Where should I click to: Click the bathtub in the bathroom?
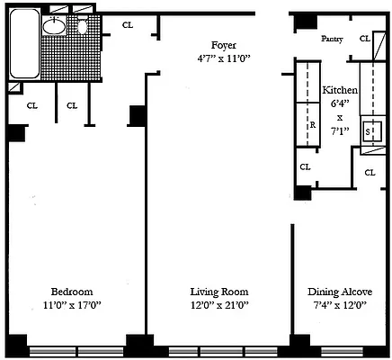(24, 43)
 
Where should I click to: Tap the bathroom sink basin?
(54, 26)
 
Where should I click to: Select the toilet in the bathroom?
(83, 26)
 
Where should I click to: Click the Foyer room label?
(224, 45)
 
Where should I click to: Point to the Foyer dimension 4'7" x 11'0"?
(224, 58)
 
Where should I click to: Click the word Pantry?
(332, 39)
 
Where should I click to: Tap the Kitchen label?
(340, 90)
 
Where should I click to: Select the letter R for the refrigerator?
(313, 125)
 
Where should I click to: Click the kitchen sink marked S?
(372, 131)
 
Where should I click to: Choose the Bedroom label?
(72, 292)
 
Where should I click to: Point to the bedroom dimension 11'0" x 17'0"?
(72, 305)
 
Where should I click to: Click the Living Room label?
(219, 292)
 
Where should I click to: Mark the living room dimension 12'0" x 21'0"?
(219, 305)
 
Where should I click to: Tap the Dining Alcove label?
(340, 292)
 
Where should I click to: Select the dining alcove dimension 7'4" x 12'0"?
(340, 305)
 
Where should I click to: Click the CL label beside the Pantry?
(365, 39)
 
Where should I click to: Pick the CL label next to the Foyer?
(128, 25)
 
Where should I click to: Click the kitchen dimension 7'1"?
(340, 130)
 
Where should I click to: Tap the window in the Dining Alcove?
(342, 350)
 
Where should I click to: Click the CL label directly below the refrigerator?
(305, 166)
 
